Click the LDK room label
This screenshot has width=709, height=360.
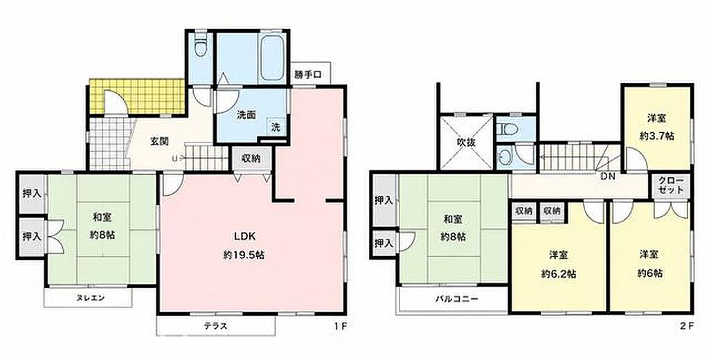[244, 236]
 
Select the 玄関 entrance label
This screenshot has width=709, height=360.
[160, 141]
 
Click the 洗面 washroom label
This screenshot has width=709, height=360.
[246, 115]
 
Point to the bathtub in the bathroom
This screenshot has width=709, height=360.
[273, 58]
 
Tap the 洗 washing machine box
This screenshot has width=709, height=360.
[276, 127]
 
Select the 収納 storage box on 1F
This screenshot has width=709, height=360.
[251, 159]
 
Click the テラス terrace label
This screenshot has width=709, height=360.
[215, 326]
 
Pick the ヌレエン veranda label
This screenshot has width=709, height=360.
[90, 298]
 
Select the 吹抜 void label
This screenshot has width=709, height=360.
[466, 142]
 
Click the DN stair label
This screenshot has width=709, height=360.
[608, 177]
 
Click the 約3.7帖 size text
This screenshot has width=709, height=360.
[657, 136]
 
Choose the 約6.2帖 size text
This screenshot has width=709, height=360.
[559, 273]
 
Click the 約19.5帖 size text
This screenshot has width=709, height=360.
[244, 255]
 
